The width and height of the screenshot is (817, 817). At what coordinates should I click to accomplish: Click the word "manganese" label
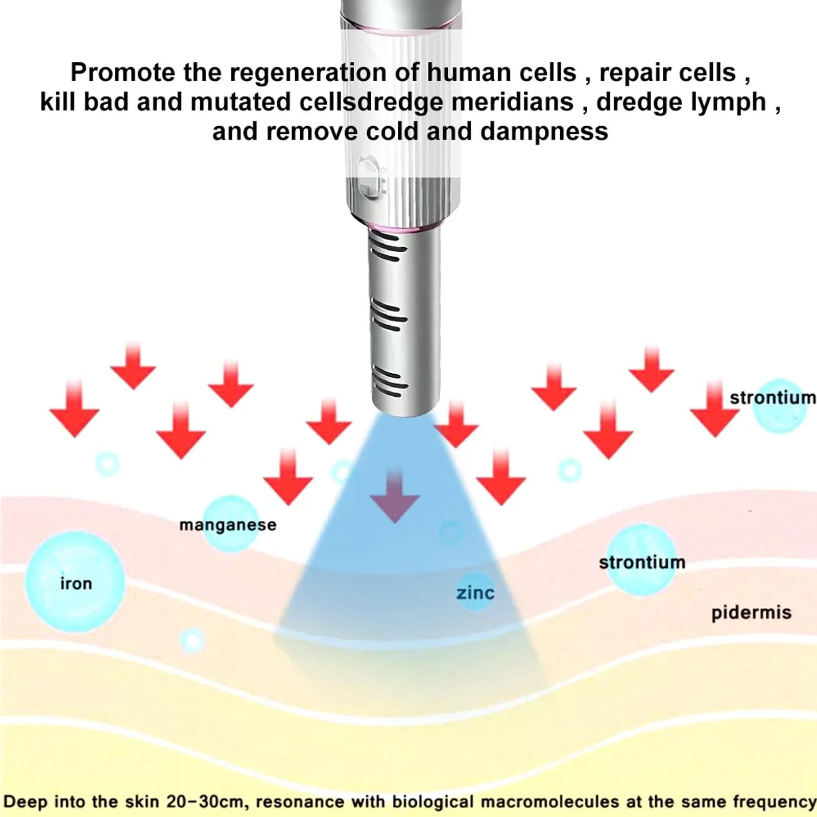point(228,525)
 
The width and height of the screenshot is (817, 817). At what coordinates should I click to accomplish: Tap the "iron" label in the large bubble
point(76,583)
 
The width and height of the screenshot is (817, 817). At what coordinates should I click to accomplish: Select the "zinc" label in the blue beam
point(475,593)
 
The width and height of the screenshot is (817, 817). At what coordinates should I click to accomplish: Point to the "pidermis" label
point(751,613)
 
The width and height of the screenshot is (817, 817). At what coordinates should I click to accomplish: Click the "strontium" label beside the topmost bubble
point(773,397)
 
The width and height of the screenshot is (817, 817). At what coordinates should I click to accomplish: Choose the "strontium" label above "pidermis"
point(642,562)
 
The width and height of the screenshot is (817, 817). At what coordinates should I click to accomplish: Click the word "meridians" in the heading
point(513,102)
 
